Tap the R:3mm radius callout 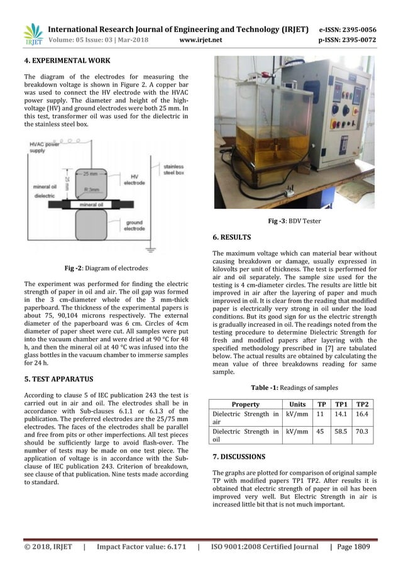pos(96,187)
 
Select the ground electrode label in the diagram pos(136,225)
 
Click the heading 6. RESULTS pos(232,238)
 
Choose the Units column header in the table pos(298,404)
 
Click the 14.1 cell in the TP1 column pos(341,414)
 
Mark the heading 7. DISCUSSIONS pos(239,456)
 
